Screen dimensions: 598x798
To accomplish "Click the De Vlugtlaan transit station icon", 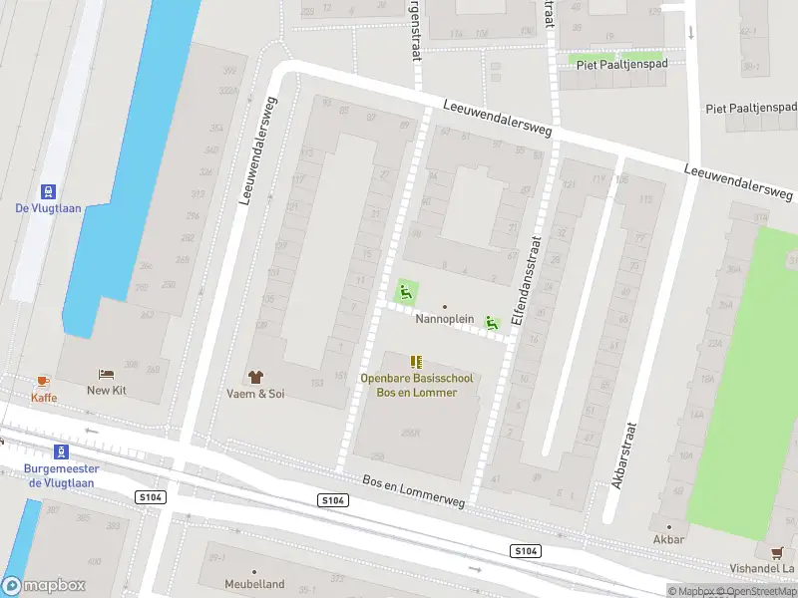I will pyautogui.click(x=47, y=190).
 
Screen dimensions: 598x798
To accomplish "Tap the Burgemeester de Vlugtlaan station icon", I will pyautogui.click(x=61, y=451).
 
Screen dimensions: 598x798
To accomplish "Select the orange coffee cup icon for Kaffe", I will pyautogui.click(x=43, y=382).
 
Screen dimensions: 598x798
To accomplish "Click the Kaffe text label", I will pyautogui.click(x=44, y=398).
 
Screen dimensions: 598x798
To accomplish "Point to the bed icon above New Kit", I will pyautogui.click(x=106, y=374).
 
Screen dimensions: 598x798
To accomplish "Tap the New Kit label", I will pyautogui.click(x=106, y=391).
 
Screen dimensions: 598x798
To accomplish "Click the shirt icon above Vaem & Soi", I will pyautogui.click(x=255, y=377).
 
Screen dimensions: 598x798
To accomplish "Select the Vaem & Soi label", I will pyautogui.click(x=255, y=394).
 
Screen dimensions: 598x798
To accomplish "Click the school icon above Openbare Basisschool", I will pyautogui.click(x=416, y=362).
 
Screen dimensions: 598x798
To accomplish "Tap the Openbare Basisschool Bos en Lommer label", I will pyautogui.click(x=416, y=386).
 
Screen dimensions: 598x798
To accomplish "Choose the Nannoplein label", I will pyautogui.click(x=444, y=319).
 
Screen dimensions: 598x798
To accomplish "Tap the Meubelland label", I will pyautogui.click(x=254, y=584).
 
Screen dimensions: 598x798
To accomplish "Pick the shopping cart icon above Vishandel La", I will pyautogui.click(x=776, y=551).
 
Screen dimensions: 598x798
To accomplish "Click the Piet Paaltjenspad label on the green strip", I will pyautogui.click(x=616, y=62).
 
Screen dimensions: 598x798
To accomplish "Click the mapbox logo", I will pyautogui.click(x=44, y=586).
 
